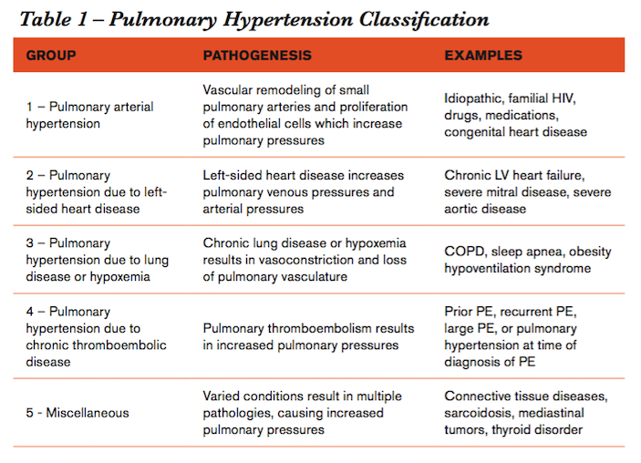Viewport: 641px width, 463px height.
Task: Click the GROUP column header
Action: [x=51, y=56]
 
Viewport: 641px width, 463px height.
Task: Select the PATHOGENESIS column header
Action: [x=257, y=56]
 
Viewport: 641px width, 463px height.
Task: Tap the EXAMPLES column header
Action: [x=483, y=56]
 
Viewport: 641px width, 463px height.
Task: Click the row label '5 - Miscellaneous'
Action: [x=78, y=413]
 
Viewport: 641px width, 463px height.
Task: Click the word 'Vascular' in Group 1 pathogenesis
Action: [x=226, y=89]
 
